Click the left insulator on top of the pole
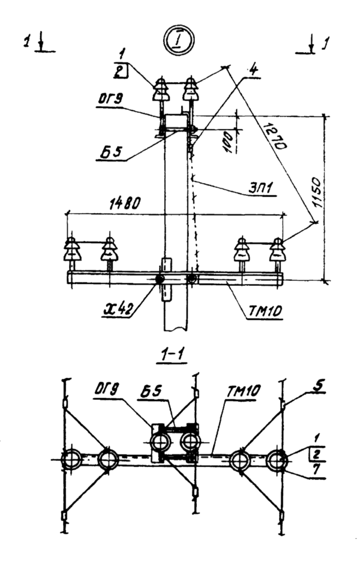point(162,91)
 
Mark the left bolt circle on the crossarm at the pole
point(160,280)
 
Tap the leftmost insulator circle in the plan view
point(73,460)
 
